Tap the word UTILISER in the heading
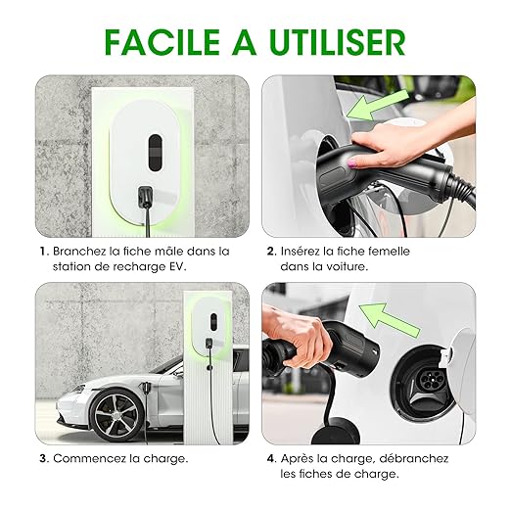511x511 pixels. [x=338, y=42]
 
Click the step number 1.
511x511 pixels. [x=44, y=252]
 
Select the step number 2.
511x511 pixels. [x=271, y=252]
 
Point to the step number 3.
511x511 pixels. [x=44, y=458]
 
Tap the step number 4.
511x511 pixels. [x=272, y=458]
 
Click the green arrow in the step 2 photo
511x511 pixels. [x=377, y=106]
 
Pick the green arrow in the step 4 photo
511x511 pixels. [x=389, y=320]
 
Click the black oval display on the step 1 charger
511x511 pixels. [x=155, y=153]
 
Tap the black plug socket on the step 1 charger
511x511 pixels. [x=146, y=196]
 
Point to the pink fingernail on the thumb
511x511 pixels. [x=352, y=163]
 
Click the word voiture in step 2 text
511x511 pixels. [x=347, y=266]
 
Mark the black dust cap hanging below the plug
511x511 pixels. [x=336, y=431]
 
